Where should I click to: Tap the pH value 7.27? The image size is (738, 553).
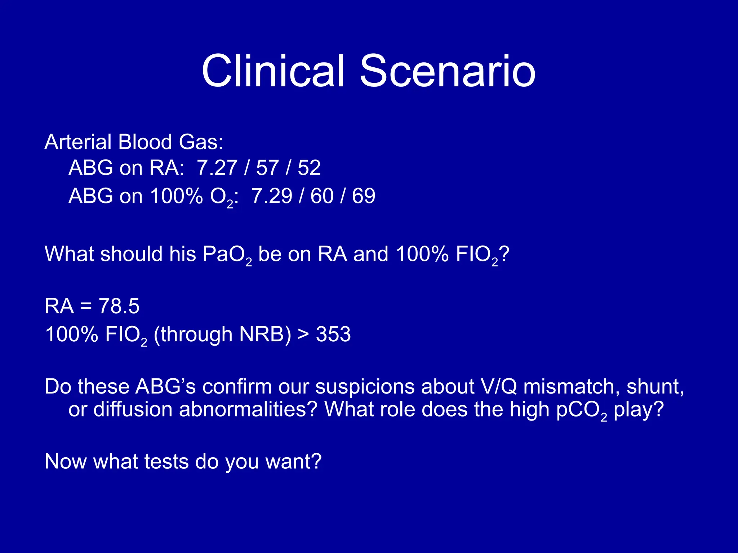pos(217,168)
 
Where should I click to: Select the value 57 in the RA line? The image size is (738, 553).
pos(267,168)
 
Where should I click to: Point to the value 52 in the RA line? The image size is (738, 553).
pos(309,168)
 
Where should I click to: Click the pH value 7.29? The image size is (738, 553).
pos(272,196)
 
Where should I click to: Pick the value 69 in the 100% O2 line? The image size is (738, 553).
pos(364,196)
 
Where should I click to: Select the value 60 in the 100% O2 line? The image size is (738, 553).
pos(322,196)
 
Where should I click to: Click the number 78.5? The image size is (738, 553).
pos(119,306)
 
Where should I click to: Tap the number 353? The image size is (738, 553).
pos(333,334)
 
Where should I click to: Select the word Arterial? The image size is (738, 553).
pos(78,142)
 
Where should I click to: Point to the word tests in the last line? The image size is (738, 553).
pos(166,462)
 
